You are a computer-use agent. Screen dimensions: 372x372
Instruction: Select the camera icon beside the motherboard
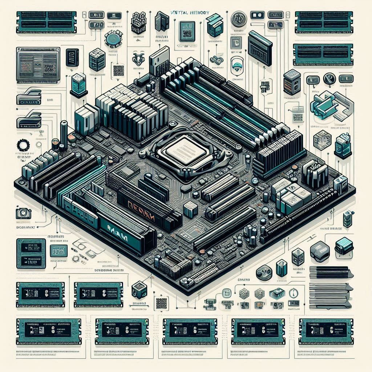click(x=22, y=213)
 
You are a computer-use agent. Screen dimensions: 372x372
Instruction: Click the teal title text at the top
click(x=190, y=13)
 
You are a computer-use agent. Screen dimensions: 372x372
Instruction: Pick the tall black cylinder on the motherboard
click(x=64, y=133)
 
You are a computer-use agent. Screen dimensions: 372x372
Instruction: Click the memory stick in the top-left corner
click(x=46, y=22)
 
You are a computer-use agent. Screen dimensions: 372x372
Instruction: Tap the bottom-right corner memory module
click(x=326, y=332)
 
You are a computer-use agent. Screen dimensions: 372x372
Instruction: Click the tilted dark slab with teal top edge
click(x=260, y=48)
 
